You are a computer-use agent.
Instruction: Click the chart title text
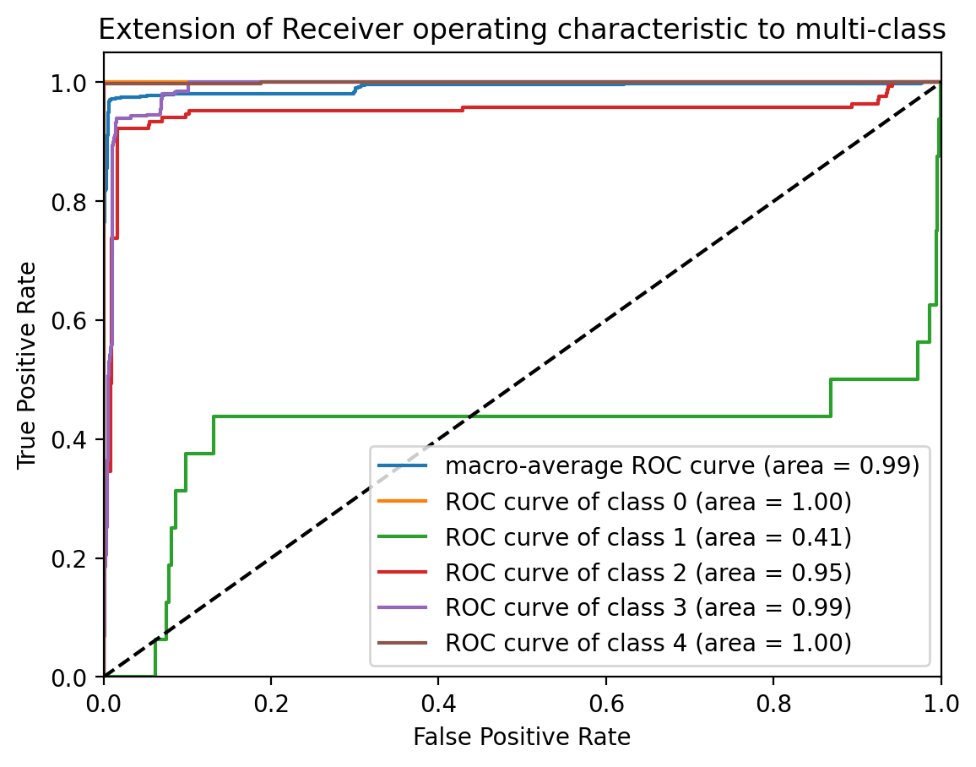[x=522, y=30]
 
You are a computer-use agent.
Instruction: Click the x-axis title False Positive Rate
[x=522, y=737]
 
